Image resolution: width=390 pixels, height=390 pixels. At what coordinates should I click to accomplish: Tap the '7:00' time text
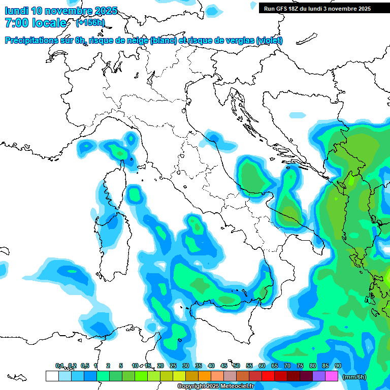(x=17, y=23)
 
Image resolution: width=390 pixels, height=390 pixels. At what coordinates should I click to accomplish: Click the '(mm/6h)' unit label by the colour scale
(x=354, y=377)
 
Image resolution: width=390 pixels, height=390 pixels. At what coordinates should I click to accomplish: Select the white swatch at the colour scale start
(x=52, y=376)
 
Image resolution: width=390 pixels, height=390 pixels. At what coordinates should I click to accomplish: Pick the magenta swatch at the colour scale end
(x=332, y=376)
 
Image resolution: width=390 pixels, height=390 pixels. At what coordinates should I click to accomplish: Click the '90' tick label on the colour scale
(x=338, y=366)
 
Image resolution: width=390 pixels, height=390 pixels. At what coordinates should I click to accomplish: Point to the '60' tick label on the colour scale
(x=262, y=366)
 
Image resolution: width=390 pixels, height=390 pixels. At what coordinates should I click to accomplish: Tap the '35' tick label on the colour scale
(x=198, y=366)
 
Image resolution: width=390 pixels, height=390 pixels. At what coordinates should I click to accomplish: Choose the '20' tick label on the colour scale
(x=160, y=366)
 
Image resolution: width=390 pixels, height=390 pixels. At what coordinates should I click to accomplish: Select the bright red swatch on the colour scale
(x=268, y=376)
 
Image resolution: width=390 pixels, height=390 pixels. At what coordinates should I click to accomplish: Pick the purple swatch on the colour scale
(x=319, y=376)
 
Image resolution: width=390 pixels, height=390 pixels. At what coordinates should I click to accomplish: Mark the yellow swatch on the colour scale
(x=179, y=376)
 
